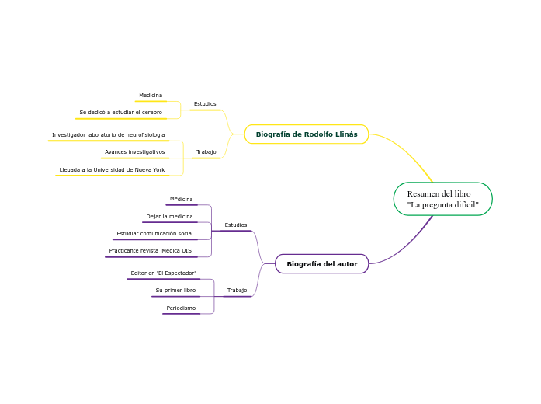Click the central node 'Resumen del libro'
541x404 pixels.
coord(442,199)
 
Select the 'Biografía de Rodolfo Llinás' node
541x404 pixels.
coord(307,134)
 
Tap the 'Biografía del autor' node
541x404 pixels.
coord(321,264)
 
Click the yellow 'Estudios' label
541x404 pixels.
coord(205,103)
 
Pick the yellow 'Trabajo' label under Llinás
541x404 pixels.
coord(206,151)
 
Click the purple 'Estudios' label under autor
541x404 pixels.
coord(235,225)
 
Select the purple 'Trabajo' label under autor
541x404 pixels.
coord(237,290)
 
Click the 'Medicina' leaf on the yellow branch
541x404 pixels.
coord(151,96)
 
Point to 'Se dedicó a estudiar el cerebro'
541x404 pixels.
coord(120,113)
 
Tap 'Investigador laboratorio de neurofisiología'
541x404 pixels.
coord(108,134)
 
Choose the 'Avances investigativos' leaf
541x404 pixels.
coord(134,151)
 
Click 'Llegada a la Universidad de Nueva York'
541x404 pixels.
coord(112,169)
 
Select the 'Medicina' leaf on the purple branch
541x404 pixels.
coord(182,200)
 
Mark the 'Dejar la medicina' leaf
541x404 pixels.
coord(169,216)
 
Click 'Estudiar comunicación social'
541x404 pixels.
coord(154,233)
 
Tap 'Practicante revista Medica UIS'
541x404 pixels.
coord(151,250)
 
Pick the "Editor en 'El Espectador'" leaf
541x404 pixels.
coord(163,273)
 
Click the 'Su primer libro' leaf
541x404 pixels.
coord(175,290)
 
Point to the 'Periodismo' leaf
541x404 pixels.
coord(181,308)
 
